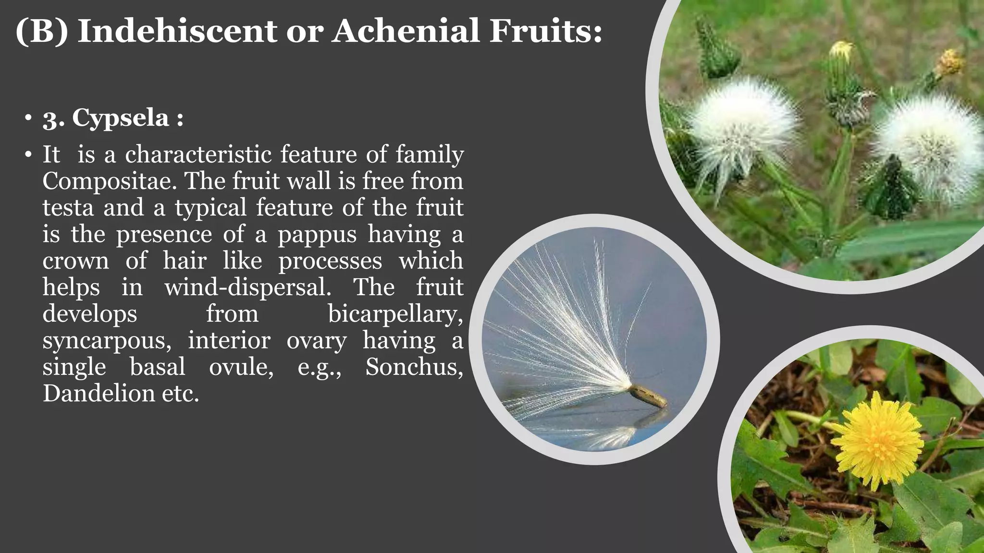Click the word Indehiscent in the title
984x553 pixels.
(x=177, y=31)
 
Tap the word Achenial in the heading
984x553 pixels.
(x=406, y=31)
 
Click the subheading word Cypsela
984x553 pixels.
(x=120, y=118)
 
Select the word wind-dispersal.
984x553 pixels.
(x=248, y=288)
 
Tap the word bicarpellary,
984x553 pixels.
(x=395, y=314)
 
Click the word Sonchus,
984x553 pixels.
(x=414, y=367)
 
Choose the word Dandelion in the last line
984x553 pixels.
(x=98, y=394)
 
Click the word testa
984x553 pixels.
(x=68, y=208)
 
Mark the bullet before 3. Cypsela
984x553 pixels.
(x=28, y=118)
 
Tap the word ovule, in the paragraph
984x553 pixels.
(x=241, y=367)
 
